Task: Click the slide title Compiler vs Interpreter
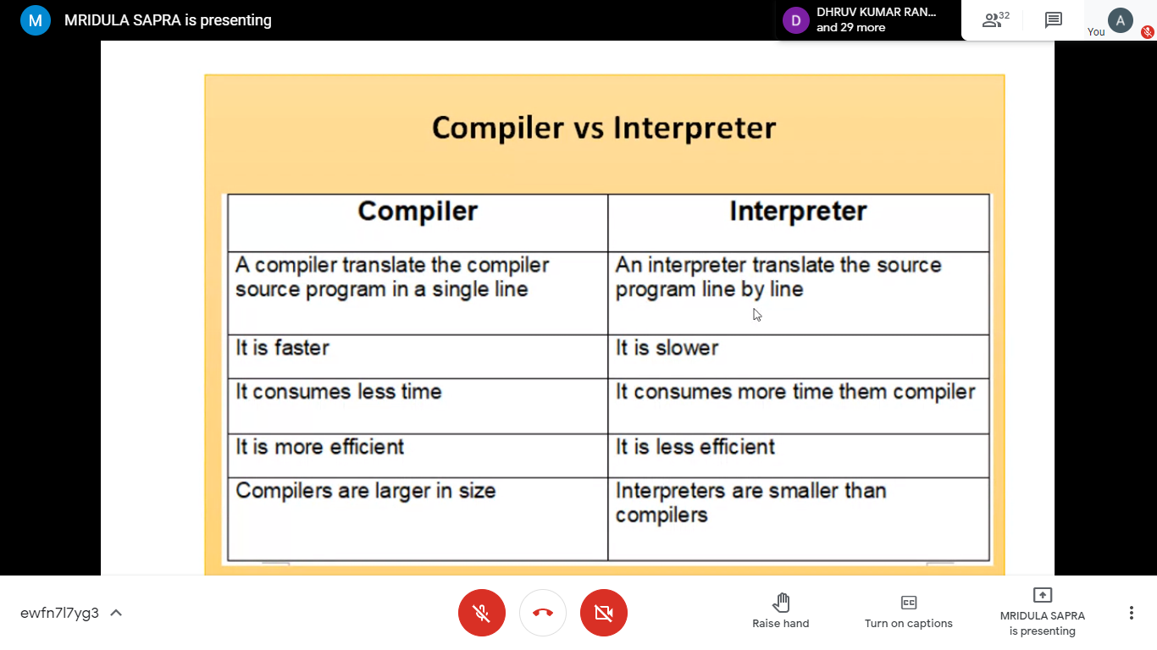pos(604,128)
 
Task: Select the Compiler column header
pos(418,211)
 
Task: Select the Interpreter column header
pos(798,211)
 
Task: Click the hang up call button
pos(543,613)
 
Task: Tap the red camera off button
pos(604,613)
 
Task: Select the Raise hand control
pos(780,611)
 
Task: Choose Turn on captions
pos(909,611)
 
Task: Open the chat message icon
pos(1053,20)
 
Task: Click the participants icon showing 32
pos(995,20)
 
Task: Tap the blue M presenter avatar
pos(35,20)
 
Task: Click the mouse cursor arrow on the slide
pos(756,315)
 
